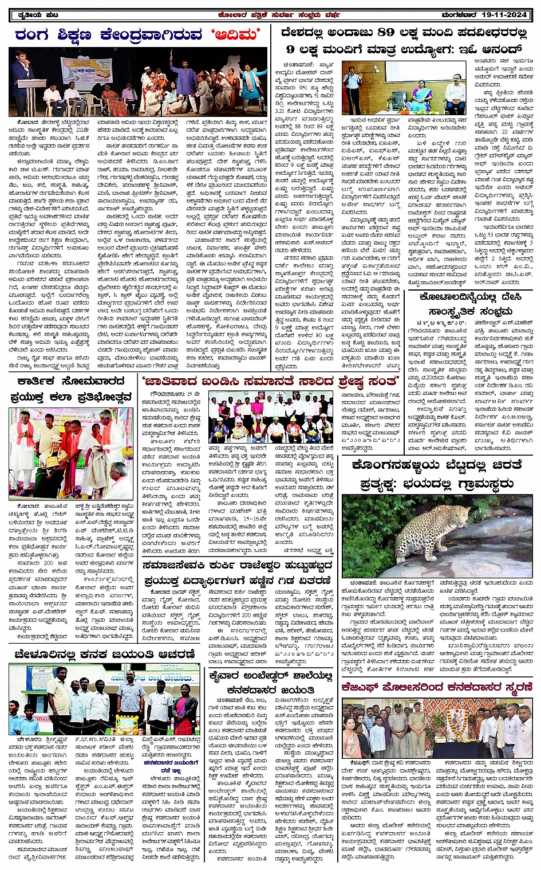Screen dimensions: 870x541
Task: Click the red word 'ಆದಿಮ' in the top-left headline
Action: pyautogui.click(x=236, y=36)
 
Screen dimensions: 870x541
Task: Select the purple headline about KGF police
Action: pyautogui.click(x=437, y=687)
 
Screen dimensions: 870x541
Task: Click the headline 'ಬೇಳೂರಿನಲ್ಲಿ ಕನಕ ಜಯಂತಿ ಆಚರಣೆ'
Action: pyautogui.click(x=105, y=654)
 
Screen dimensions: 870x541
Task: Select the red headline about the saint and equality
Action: pyautogui.click(x=271, y=381)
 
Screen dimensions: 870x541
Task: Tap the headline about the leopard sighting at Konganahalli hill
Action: pyautogui.click(x=437, y=475)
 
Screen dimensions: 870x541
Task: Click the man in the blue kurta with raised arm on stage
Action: pyautogui.click(x=183, y=74)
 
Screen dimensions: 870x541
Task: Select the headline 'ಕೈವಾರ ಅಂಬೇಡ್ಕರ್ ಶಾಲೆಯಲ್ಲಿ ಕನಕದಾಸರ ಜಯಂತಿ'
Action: pyautogui.click(x=271, y=683)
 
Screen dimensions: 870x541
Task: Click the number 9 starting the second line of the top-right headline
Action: pyautogui.click(x=291, y=50)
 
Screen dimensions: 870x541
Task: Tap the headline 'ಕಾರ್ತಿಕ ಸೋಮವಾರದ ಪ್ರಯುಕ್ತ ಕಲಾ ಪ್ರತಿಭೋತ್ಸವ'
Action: pyautogui.click(x=71, y=389)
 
